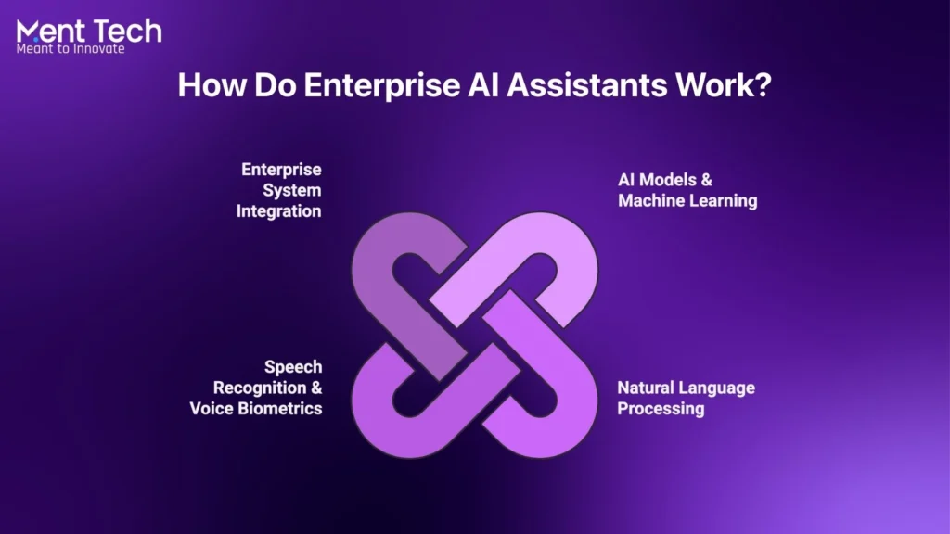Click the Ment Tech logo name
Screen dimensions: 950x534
click(89, 31)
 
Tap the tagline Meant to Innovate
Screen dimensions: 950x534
click(71, 49)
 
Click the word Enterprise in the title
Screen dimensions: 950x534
click(381, 84)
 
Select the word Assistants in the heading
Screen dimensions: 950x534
click(586, 84)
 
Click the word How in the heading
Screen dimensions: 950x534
click(212, 84)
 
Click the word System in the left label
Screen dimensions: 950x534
click(292, 190)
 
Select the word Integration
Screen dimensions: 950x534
click(278, 211)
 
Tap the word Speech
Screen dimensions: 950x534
click(293, 367)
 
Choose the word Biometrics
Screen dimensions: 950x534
click(280, 409)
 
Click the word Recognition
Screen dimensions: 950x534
click(260, 388)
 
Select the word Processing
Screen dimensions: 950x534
click(661, 409)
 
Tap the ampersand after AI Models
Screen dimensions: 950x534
click(706, 180)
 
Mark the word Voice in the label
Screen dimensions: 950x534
click(212, 409)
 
